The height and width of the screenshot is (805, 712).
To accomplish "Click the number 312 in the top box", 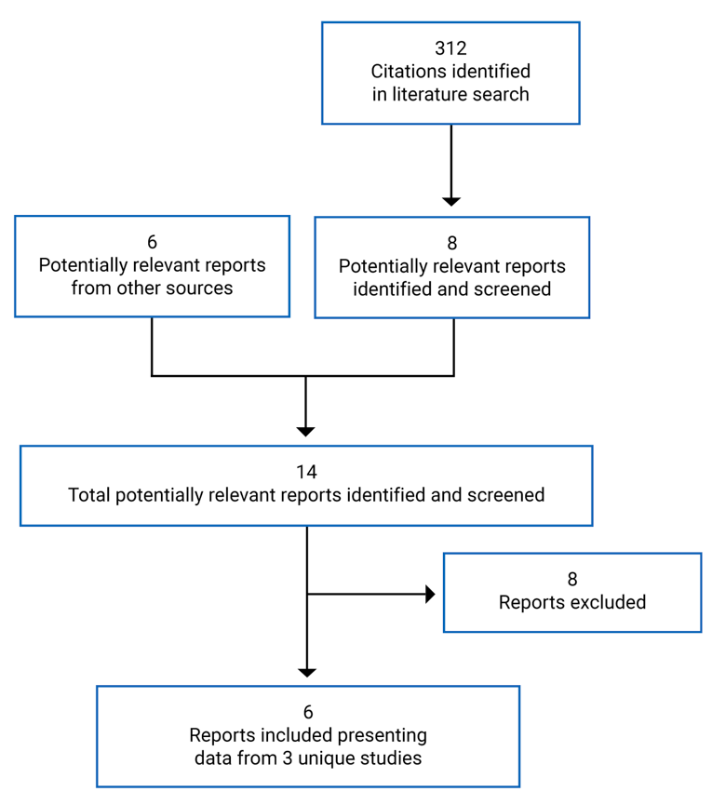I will pyautogui.click(x=450, y=48).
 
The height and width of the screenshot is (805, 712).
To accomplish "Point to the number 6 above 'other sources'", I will pyautogui.click(x=152, y=243).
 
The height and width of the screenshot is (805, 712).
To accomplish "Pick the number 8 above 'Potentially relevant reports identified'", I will pyautogui.click(x=451, y=244).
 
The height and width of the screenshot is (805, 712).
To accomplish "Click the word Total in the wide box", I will pyautogui.click(x=89, y=495).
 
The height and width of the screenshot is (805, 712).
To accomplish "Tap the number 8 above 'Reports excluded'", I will pyautogui.click(x=571, y=580).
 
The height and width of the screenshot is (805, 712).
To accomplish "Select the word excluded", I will pyautogui.click(x=607, y=602).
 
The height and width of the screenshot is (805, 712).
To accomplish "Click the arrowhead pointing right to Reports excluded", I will pyautogui.click(x=430, y=594).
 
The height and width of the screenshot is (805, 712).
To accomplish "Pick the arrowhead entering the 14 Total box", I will pyautogui.click(x=306, y=431).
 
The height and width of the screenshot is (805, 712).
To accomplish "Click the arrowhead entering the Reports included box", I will pyautogui.click(x=306, y=672).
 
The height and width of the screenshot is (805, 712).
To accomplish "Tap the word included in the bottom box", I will pyautogui.click(x=288, y=735).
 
